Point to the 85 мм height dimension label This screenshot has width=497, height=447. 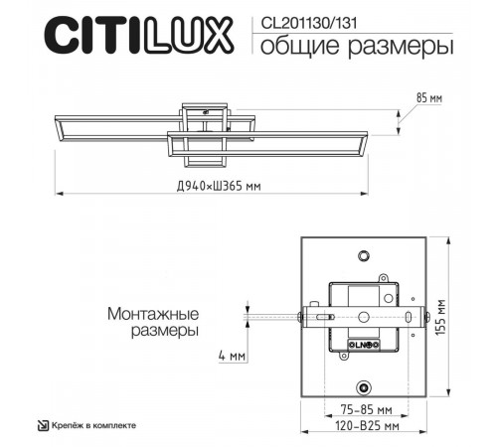point(428,97)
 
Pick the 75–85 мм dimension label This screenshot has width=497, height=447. point(363,409)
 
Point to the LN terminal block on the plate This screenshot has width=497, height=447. point(361,345)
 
